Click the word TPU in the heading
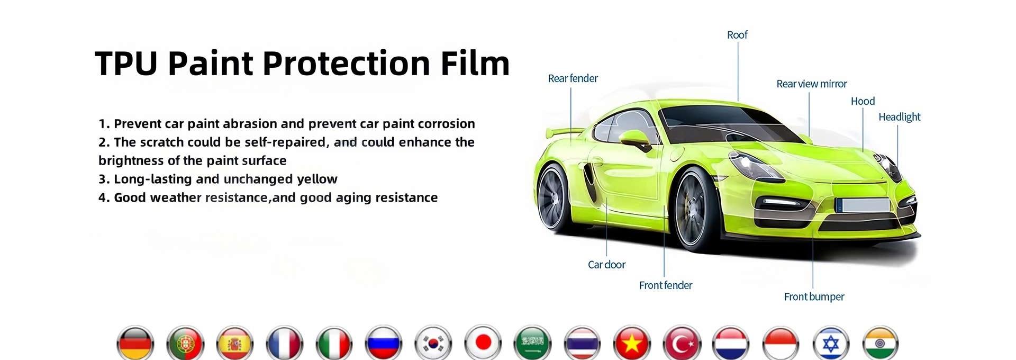126,64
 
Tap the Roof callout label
737,35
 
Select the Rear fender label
573,78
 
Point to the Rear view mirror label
811,84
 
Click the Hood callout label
863,101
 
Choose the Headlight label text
899,117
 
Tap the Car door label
606,265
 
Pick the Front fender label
665,285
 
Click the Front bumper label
814,297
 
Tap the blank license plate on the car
863,205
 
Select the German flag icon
135,343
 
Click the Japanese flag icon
483,343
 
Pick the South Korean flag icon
433,343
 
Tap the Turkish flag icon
682,343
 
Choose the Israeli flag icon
831,343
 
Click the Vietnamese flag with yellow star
632,343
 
